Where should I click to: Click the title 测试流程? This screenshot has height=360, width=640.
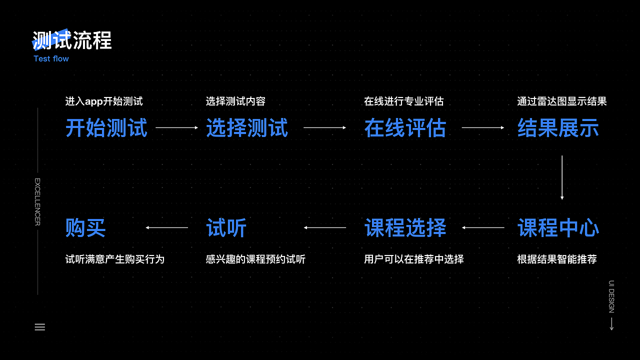[x=72, y=40]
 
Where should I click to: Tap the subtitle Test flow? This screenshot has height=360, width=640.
[x=51, y=58]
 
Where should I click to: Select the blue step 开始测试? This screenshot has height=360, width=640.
[x=106, y=128]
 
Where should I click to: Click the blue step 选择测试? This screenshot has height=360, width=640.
[x=247, y=128]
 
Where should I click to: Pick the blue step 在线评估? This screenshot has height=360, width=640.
[x=405, y=128]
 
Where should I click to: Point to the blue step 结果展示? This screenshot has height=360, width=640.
[x=558, y=128]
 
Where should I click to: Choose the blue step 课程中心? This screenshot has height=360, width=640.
[x=558, y=228]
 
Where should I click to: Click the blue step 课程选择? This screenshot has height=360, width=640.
[x=405, y=228]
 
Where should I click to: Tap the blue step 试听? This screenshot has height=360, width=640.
[x=226, y=228]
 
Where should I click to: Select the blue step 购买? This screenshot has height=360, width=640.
[x=85, y=228]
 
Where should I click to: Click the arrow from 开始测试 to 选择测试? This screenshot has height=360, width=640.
[x=176, y=127]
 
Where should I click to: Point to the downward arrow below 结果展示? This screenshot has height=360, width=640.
[x=562, y=177]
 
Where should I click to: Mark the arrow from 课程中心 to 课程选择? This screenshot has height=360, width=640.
[x=483, y=227]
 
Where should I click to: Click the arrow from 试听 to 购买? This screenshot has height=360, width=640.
[x=167, y=227]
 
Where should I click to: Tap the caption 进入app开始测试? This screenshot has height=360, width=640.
[x=104, y=101]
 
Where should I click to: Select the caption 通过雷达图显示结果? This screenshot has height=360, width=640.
[x=561, y=101]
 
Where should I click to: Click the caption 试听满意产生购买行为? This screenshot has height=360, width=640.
[x=115, y=259]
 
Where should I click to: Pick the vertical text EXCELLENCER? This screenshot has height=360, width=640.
[x=37, y=201]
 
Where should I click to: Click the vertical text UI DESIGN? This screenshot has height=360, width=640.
[x=611, y=297]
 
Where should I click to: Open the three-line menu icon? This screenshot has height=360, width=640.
[x=40, y=327]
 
